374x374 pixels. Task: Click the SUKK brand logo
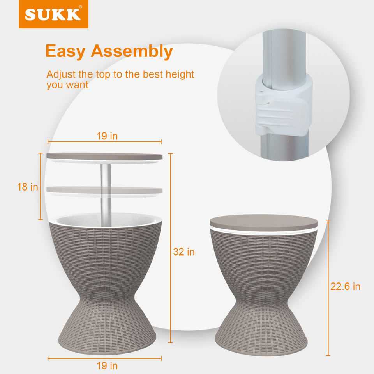[53, 14]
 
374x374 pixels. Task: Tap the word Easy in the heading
[65, 51]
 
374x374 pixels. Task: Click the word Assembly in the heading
[132, 51]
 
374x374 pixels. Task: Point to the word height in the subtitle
[180, 74]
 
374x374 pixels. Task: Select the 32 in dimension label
[184, 252]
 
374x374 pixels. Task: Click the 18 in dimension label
[28, 187]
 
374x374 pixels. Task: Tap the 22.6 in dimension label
[345, 286]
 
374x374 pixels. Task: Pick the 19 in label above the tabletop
[107, 136]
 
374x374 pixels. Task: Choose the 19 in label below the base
[107, 366]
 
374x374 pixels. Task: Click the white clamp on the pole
[283, 105]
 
